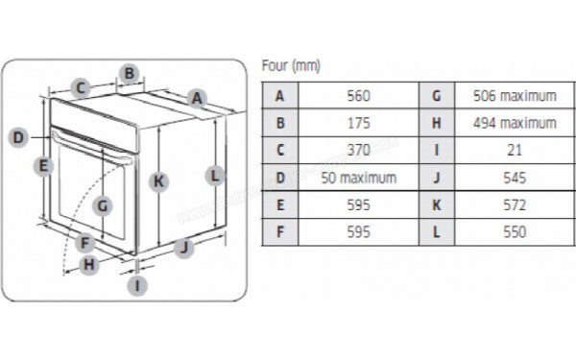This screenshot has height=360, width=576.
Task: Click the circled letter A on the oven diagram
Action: tap(197, 97)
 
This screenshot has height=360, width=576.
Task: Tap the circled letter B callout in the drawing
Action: tap(131, 72)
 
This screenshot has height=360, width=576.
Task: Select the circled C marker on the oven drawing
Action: tap(82, 88)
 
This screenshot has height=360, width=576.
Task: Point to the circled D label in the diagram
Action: tap(18, 137)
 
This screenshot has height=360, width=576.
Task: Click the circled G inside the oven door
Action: tap(104, 204)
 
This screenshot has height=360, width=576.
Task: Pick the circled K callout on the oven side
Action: tap(159, 180)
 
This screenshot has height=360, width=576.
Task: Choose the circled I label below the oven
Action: tap(139, 284)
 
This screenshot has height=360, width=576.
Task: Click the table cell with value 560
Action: tap(358, 96)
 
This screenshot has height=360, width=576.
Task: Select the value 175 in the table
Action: tap(358, 123)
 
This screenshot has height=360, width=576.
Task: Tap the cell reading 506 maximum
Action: tap(515, 96)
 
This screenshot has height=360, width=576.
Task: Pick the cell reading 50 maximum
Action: tap(358, 178)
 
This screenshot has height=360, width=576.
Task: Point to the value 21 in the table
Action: tap(515, 151)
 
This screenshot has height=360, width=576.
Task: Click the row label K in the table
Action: tap(437, 205)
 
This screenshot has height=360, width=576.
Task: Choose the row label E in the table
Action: tap(280, 205)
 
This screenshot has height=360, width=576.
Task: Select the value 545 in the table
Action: tap(515, 178)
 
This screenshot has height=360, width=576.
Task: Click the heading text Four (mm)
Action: tap(291, 66)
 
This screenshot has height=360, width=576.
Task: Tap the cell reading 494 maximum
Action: tap(515, 123)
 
